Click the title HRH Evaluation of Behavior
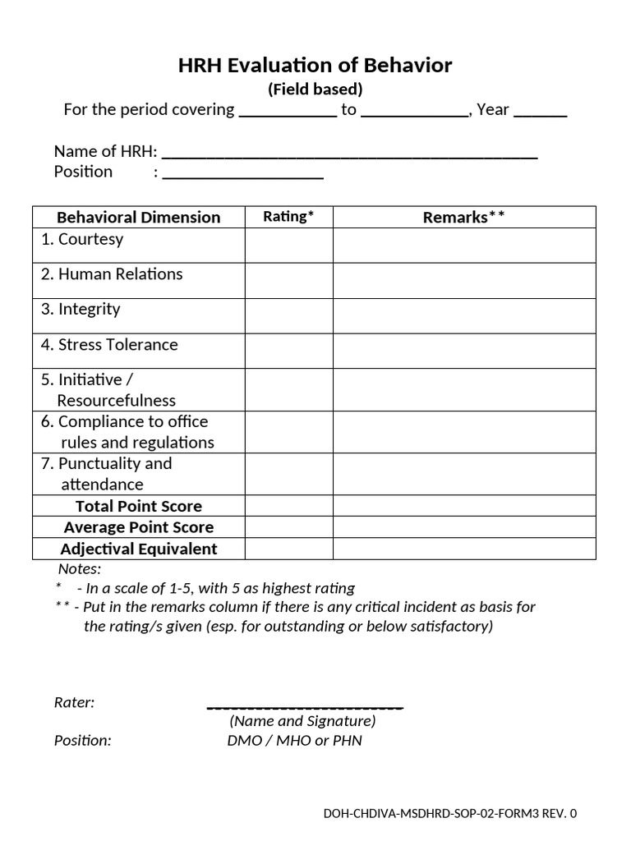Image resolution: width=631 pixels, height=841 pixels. pos(315,66)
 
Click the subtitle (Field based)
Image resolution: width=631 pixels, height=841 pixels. pos(315,89)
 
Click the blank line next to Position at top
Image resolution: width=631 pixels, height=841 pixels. pos(243,175)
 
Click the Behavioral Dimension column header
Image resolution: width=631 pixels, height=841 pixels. pos(138,217)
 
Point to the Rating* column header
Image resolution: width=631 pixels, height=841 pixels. pos(288,217)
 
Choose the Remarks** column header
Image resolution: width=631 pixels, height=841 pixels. pos(463,217)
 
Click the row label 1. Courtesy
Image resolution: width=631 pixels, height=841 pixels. pos(82,239)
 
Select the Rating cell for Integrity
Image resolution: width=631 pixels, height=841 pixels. pos(288,315)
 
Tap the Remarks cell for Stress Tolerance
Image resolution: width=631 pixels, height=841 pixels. pos(463,351)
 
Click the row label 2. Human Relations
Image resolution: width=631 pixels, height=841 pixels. pos(112,274)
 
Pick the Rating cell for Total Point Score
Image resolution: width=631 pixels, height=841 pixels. pos(288,506)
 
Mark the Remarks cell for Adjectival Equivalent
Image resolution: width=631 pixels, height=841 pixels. pos(463,549)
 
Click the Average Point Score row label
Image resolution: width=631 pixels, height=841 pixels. pos(138,527)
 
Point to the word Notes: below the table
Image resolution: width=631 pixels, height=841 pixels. pos(79,569)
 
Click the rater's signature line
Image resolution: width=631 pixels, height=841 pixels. pos(305,705)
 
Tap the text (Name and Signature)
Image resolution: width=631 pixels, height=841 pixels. pos(302,721)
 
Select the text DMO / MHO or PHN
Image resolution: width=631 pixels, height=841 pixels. pos(294,741)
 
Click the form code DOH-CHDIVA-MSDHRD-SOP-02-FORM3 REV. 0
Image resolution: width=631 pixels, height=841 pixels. pos(450,814)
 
